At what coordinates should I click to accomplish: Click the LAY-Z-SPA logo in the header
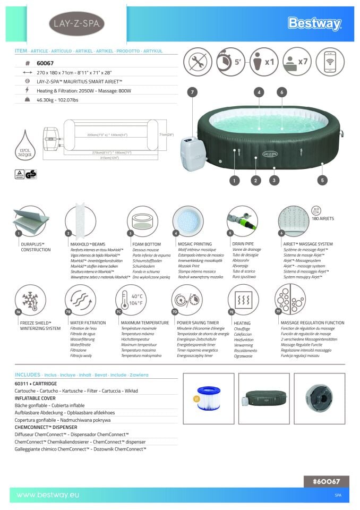coord(77,24)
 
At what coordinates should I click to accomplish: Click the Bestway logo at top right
coord(314,23)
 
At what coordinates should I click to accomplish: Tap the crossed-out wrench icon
coord(198,62)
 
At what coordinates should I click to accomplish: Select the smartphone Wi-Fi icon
coord(330,62)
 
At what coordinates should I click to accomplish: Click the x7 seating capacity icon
coord(297,62)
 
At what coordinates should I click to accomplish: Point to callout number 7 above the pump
coord(192,92)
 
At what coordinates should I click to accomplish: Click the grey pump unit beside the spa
coord(192,154)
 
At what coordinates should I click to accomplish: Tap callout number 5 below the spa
coord(322,181)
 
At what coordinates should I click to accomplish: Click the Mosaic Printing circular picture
coord(188,221)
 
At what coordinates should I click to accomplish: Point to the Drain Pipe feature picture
coord(242,221)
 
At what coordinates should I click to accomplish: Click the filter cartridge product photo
coord(208,398)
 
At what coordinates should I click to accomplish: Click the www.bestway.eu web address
coord(48,495)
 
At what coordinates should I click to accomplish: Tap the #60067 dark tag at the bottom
coord(327,482)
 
